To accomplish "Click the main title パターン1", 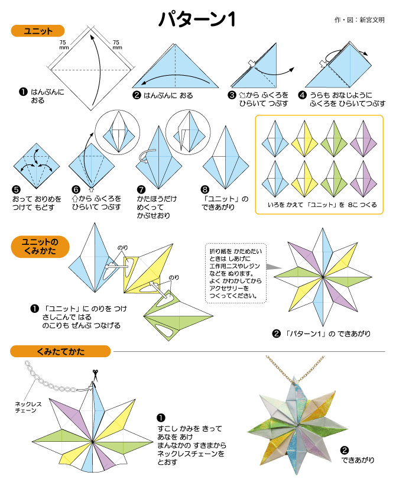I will pyautogui.click(x=197, y=20).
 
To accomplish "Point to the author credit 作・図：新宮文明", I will pyautogui.click(x=359, y=20).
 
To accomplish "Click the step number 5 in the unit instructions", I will pyautogui.click(x=16, y=190).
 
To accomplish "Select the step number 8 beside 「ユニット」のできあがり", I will pyautogui.click(x=205, y=190).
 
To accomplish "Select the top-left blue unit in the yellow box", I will pyautogui.click(x=274, y=138).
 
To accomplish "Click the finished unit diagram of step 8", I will pyautogui.click(x=223, y=155).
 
